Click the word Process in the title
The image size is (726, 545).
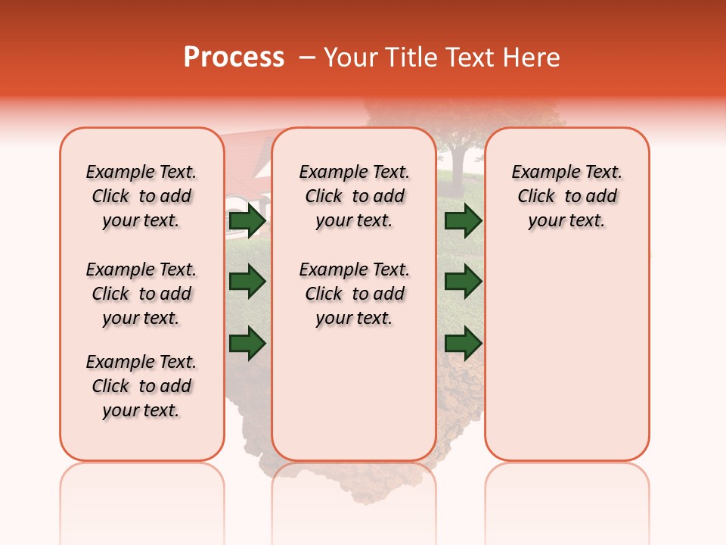click(234, 58)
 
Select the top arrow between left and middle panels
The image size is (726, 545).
click(247, 221)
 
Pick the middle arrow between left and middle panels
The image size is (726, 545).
click(247, 282)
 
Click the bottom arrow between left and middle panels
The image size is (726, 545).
click(247, 343)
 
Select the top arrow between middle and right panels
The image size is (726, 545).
click(463, 221)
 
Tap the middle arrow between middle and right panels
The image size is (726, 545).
click(463, 282)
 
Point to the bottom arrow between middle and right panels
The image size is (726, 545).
click(463, 343)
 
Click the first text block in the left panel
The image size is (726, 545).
click(141, 196)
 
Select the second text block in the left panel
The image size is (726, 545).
click(141, 294)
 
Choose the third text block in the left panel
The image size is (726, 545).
click(141, 386)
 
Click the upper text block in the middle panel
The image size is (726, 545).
click(354, 196)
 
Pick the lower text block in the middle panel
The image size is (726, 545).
click(354, 294)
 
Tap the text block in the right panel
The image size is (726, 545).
click(566, 196)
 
